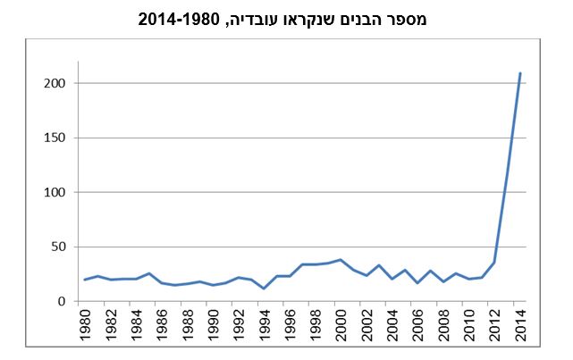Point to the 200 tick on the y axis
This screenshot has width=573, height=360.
pos(55,83)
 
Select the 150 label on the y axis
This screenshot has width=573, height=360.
pos(55,138)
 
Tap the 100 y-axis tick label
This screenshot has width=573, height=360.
pos(55,192)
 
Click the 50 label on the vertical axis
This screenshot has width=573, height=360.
pos(58,247)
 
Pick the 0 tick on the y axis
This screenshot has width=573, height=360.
pos(62,301)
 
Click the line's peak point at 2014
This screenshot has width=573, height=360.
pos(520,72)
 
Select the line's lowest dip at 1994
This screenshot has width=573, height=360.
pos(264,288)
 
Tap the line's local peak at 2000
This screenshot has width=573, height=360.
pos(341,260)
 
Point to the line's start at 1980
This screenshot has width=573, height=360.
pos(85,280)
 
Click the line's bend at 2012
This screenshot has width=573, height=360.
pos(494,263)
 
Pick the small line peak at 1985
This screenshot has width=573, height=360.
pos(149,273)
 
